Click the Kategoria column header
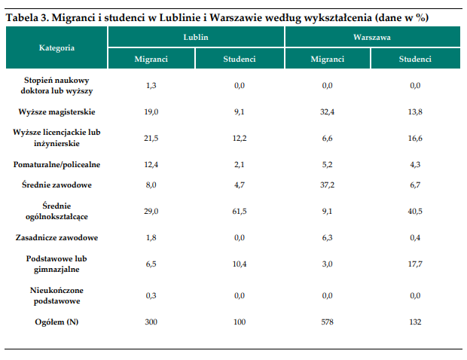(x=56, y=47)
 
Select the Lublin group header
(x=196, y=37)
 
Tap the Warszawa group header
(x=372, y=37)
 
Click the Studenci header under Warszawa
(x=415, y=59)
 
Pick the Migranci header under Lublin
(x=151, y=59)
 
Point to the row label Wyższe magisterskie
(x=56, y=112)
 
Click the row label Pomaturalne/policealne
(x=56, y=165)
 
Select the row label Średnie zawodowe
(x=56, y=185)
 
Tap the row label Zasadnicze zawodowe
(x=56, y=238)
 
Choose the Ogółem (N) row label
(x=56, y=322)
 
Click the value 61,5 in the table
(x=240, y=211)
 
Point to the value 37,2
(x=328, y=185)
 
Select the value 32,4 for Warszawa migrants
(x=328, y=112)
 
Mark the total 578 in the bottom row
(x=328, y=322)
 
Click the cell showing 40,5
(x=415, y=211)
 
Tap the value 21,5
(x=151, y=138)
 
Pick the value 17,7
(x=415, y=264)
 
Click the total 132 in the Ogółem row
(x=415, y=322)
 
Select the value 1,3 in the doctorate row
(x=151, y=85)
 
